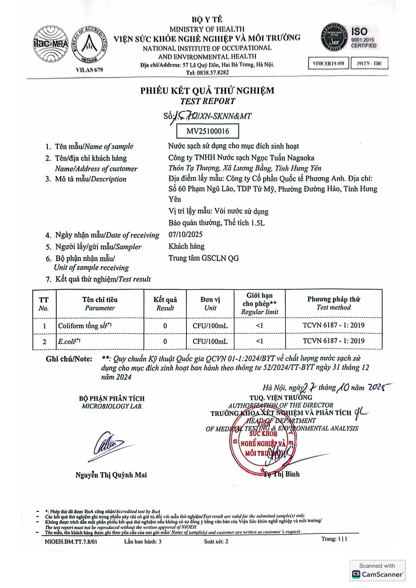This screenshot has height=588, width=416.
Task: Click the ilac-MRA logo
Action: click(x=51, y=44)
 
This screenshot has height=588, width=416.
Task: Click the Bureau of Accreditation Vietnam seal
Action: click(x=89, y=45)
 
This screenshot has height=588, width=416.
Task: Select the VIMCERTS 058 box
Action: click(x=328, y=63)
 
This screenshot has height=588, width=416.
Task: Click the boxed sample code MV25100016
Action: click(x=207, y=131)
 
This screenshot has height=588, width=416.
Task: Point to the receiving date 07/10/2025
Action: click(x=185, y=234)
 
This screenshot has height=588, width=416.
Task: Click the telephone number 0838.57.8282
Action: click(x=207, y=73)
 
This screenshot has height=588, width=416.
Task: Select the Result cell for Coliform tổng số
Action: click(x=165, y=326)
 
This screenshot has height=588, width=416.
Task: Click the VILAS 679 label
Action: click(x=89, y=70)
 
